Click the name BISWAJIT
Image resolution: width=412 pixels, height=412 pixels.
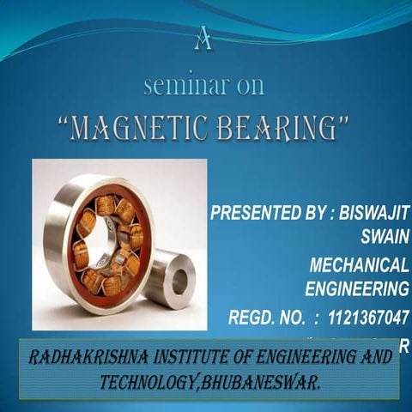pyautogui.click(x=368, y=212)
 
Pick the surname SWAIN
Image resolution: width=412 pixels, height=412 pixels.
pyautogui.click(x=383, y=234)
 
